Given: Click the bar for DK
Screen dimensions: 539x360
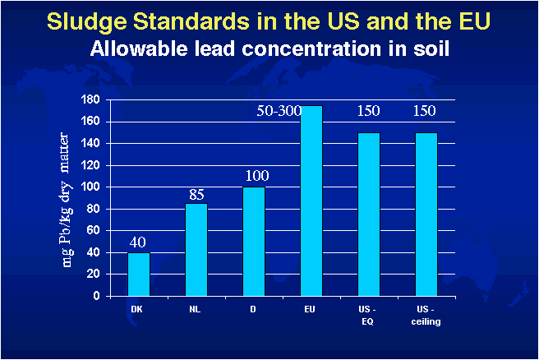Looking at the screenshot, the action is tap(139, 275).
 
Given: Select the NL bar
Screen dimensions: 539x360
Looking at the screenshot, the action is tap(196, 250).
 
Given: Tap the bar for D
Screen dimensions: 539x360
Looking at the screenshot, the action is tap(254, 242).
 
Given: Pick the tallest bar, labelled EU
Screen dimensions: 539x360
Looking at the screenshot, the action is tap(311, 201).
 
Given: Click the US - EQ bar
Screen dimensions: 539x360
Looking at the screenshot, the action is tap(369, 215).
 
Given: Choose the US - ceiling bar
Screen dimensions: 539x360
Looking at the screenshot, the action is tap(426, 215).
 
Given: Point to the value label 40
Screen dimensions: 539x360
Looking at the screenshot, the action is tap(138, 242).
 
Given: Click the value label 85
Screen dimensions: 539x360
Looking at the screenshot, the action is tap(196, 195).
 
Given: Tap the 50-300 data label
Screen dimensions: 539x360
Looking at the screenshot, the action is tap(279, 111).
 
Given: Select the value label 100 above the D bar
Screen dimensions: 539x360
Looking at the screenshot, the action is tap(257, 176).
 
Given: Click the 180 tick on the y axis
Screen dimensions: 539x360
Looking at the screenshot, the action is tap(90, 99).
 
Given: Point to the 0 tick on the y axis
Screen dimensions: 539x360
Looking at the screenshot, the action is tap(96, 296).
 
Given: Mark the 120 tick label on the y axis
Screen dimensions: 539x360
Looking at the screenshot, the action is tap(90, 165).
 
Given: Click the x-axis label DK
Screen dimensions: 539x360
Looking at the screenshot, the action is tap(136, 310).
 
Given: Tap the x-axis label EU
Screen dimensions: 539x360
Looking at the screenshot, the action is tap(310, 310).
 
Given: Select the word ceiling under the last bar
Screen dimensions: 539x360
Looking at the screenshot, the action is tap(426, 322).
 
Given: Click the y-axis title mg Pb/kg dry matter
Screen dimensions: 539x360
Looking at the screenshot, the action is tap(67, 200).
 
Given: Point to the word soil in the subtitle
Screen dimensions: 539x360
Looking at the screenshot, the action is tap(431, 48).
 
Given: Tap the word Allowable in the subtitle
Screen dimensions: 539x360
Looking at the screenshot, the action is tap(139, 48).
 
